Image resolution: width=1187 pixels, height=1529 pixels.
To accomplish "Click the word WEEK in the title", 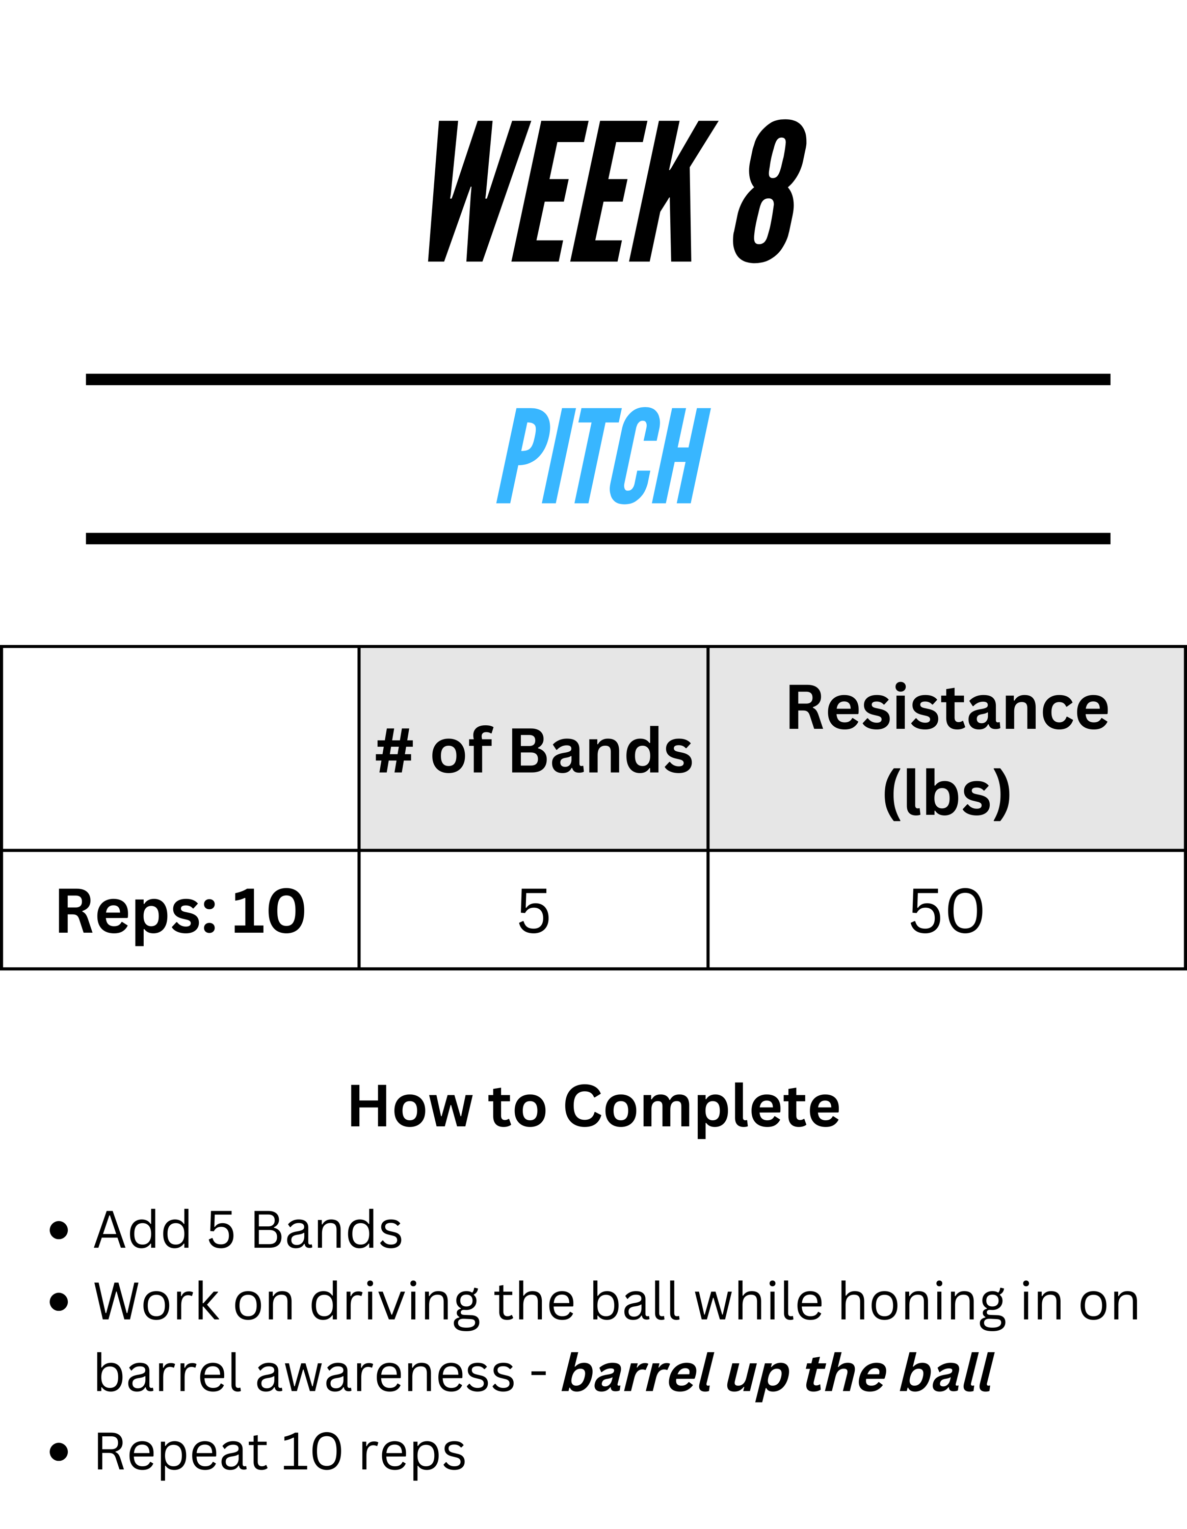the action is [x=572, y=191].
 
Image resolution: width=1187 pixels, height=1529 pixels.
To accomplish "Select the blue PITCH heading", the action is [x=603, y=456].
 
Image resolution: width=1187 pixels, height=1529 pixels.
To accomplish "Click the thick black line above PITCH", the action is [x=598, y=380].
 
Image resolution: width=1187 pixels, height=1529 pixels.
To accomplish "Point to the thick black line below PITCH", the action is [x=598, y=538].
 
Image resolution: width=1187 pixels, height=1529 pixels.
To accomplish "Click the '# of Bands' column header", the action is [x=533, y=751].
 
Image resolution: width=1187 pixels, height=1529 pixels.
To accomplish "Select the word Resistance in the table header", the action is [x=947, y=708].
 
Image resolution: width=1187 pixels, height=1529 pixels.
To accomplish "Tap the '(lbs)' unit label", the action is [x=947, y=793].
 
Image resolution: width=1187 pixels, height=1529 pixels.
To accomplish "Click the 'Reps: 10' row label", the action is [x=180, y=911].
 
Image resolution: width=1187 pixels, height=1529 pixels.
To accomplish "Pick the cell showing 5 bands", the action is [x=533, y=910].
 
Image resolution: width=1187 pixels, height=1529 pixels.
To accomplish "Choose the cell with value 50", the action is [x=946, y=910].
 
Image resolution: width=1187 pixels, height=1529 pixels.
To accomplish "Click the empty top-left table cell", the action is [x=180, y=748].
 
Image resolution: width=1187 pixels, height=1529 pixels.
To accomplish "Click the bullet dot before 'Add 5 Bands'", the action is [x=60, y=1230].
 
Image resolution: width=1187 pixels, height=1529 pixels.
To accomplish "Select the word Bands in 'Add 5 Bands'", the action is [x=327, y=1230].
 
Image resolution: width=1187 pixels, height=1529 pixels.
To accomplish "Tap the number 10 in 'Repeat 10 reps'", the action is [x=311, y=1452].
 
